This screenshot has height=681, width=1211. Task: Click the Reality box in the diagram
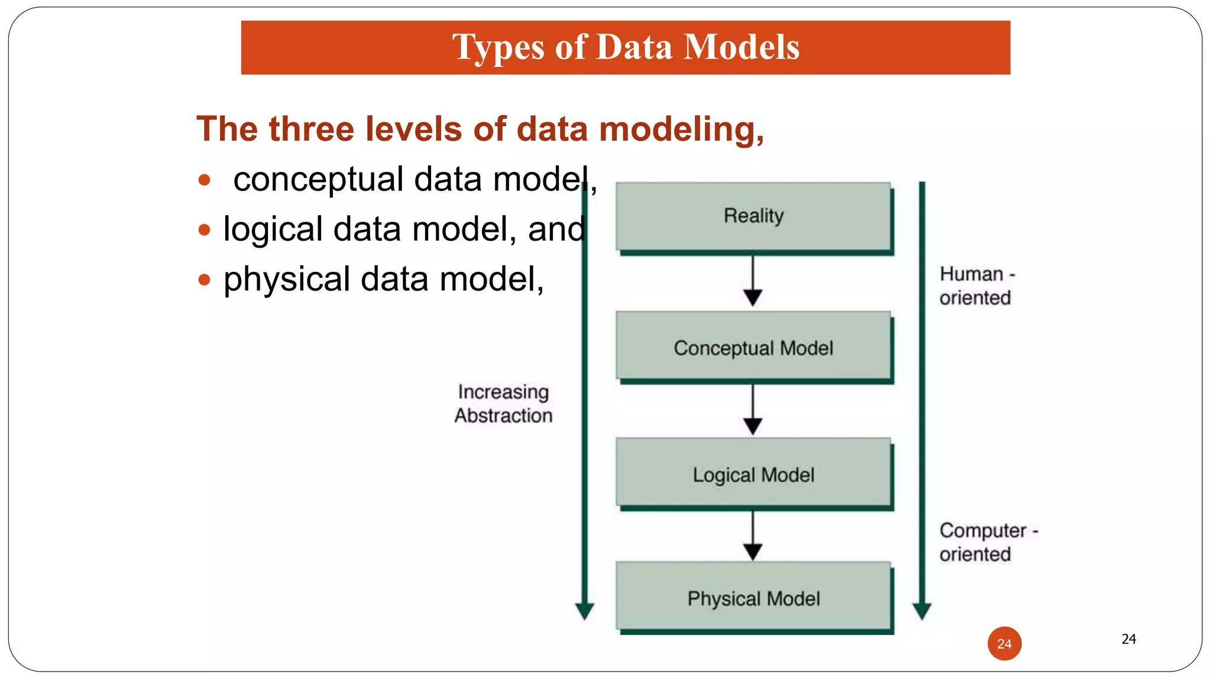(x=753, y=216)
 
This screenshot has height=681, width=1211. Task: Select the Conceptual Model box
(x=753, y=347)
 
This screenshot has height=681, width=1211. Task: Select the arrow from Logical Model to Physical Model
(x=753, y=536)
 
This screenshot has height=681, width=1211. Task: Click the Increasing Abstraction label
(x=503, y=404)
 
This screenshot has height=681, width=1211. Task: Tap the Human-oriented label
(x=976, y=286)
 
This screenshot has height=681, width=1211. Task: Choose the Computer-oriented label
(x=987, y=542)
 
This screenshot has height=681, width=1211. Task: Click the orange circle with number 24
(x=1004, y=643)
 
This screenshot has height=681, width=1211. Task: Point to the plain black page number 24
(x=1128, y=638)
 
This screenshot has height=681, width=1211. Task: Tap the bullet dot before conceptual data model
(x=205, y=180)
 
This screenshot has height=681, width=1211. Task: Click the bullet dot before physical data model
(x=205, y=279)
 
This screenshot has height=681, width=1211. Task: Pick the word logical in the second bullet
(x=273, y=229)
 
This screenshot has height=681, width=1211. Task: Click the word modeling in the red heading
(x=681, y=129)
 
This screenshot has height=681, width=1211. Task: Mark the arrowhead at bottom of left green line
(x=585, y=611)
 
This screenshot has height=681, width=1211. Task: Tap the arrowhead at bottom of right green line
(x=922, y=611)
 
